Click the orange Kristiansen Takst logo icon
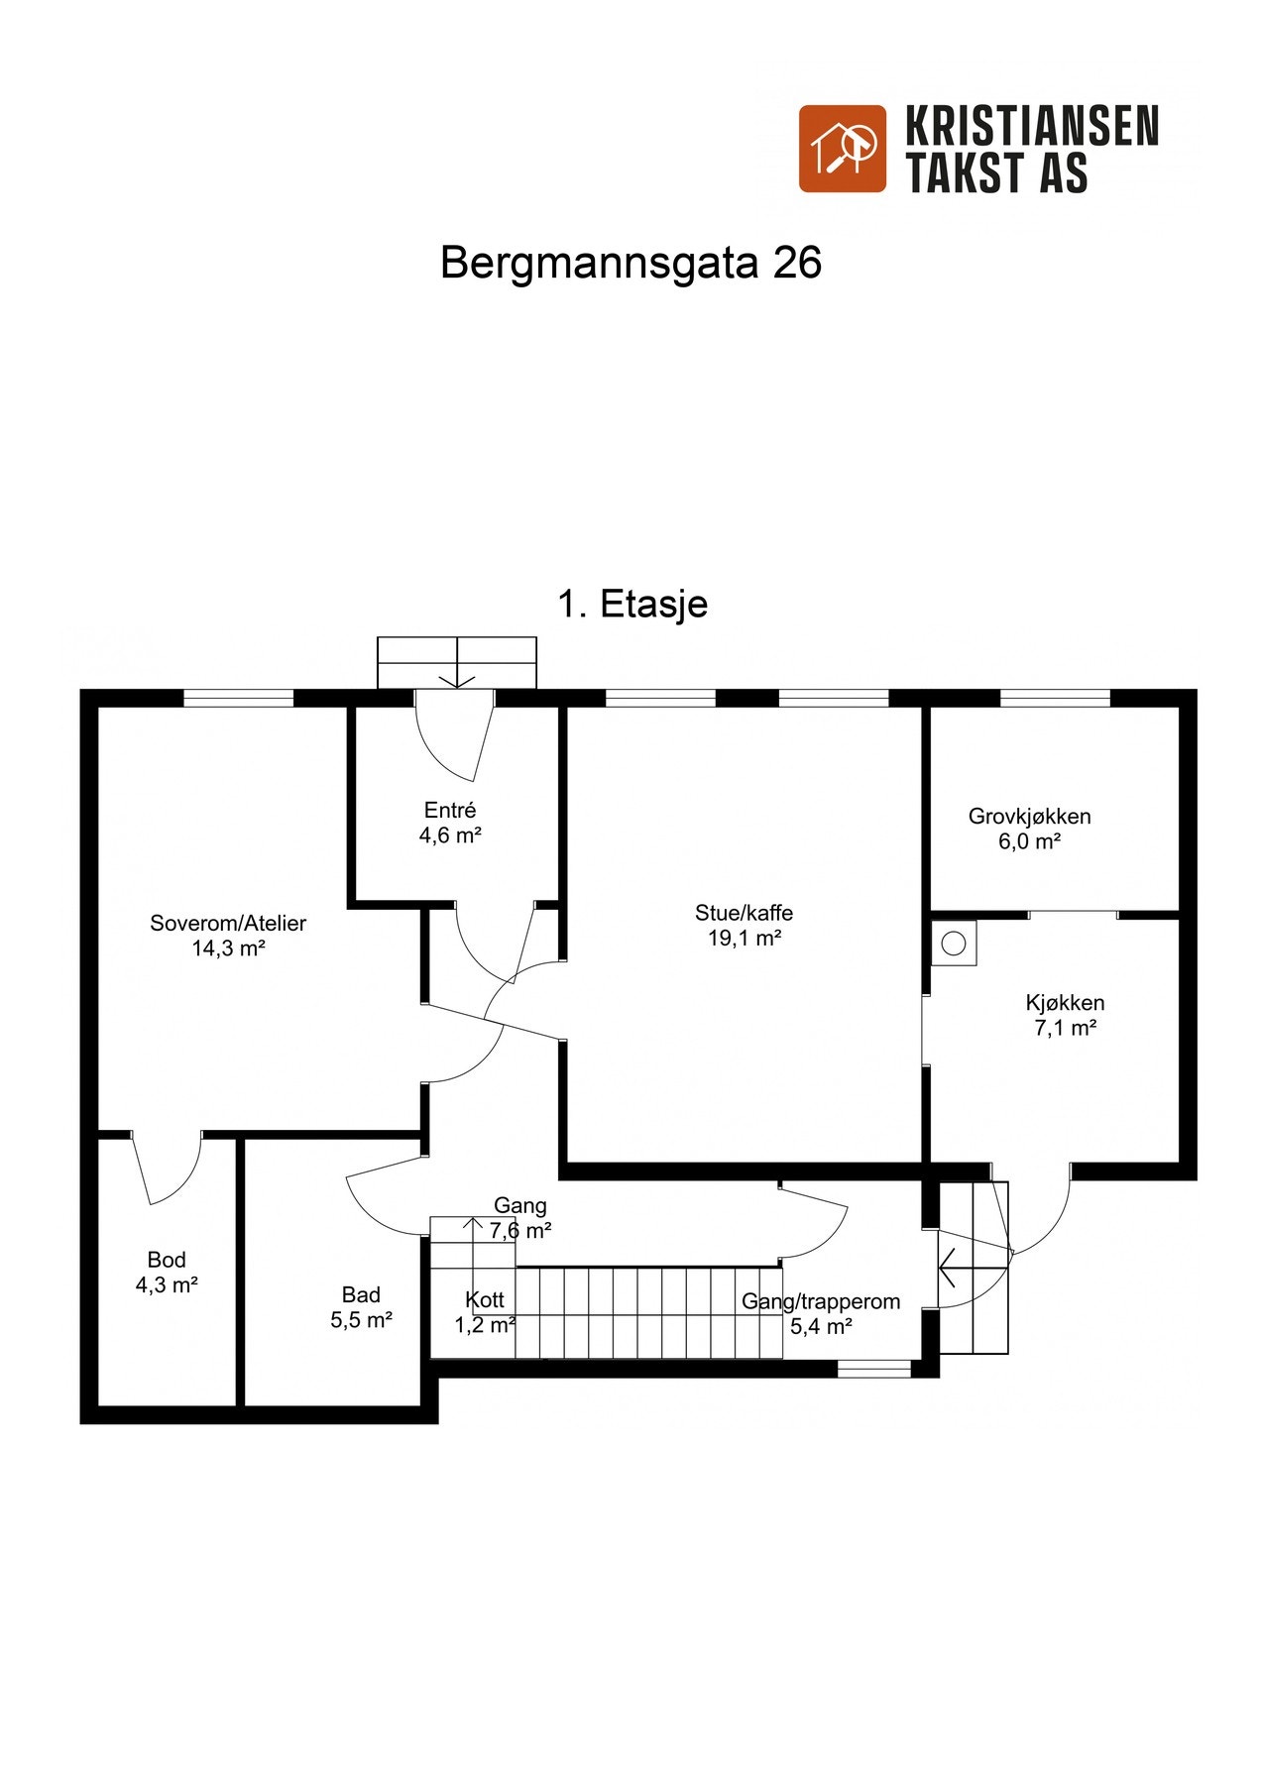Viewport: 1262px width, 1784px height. [x=842, y=149]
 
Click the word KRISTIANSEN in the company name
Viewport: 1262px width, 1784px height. [x=1031, y=127]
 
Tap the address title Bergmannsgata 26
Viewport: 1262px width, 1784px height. [x=631, y=263]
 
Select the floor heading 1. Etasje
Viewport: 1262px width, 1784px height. [x=632, y=604]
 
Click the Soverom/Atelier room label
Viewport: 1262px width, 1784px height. [x=228, y=923]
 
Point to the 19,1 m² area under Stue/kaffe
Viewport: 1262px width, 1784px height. [x=744, y=939]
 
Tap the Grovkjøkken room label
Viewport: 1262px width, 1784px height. [x=1029, y=817]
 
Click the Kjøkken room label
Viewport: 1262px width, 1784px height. [x=1065, y=1003]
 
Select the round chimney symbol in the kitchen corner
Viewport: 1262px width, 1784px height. [x=953, y=944]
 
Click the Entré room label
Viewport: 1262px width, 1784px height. [x=450, y=810]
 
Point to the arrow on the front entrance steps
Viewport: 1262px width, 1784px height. [x=457, y=674]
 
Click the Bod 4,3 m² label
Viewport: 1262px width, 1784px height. [x=167, y=1273]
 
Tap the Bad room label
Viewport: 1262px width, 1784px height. [x=361, y=1294]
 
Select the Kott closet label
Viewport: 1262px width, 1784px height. [x=485, y=1299]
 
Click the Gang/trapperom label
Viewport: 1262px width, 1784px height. [x=821, y=1301]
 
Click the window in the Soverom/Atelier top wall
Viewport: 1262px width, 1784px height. [x=239, y=699]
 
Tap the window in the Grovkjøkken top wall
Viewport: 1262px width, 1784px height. [x=1055, y=699]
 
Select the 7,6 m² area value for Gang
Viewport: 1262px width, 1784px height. [x=520, y=1231]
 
